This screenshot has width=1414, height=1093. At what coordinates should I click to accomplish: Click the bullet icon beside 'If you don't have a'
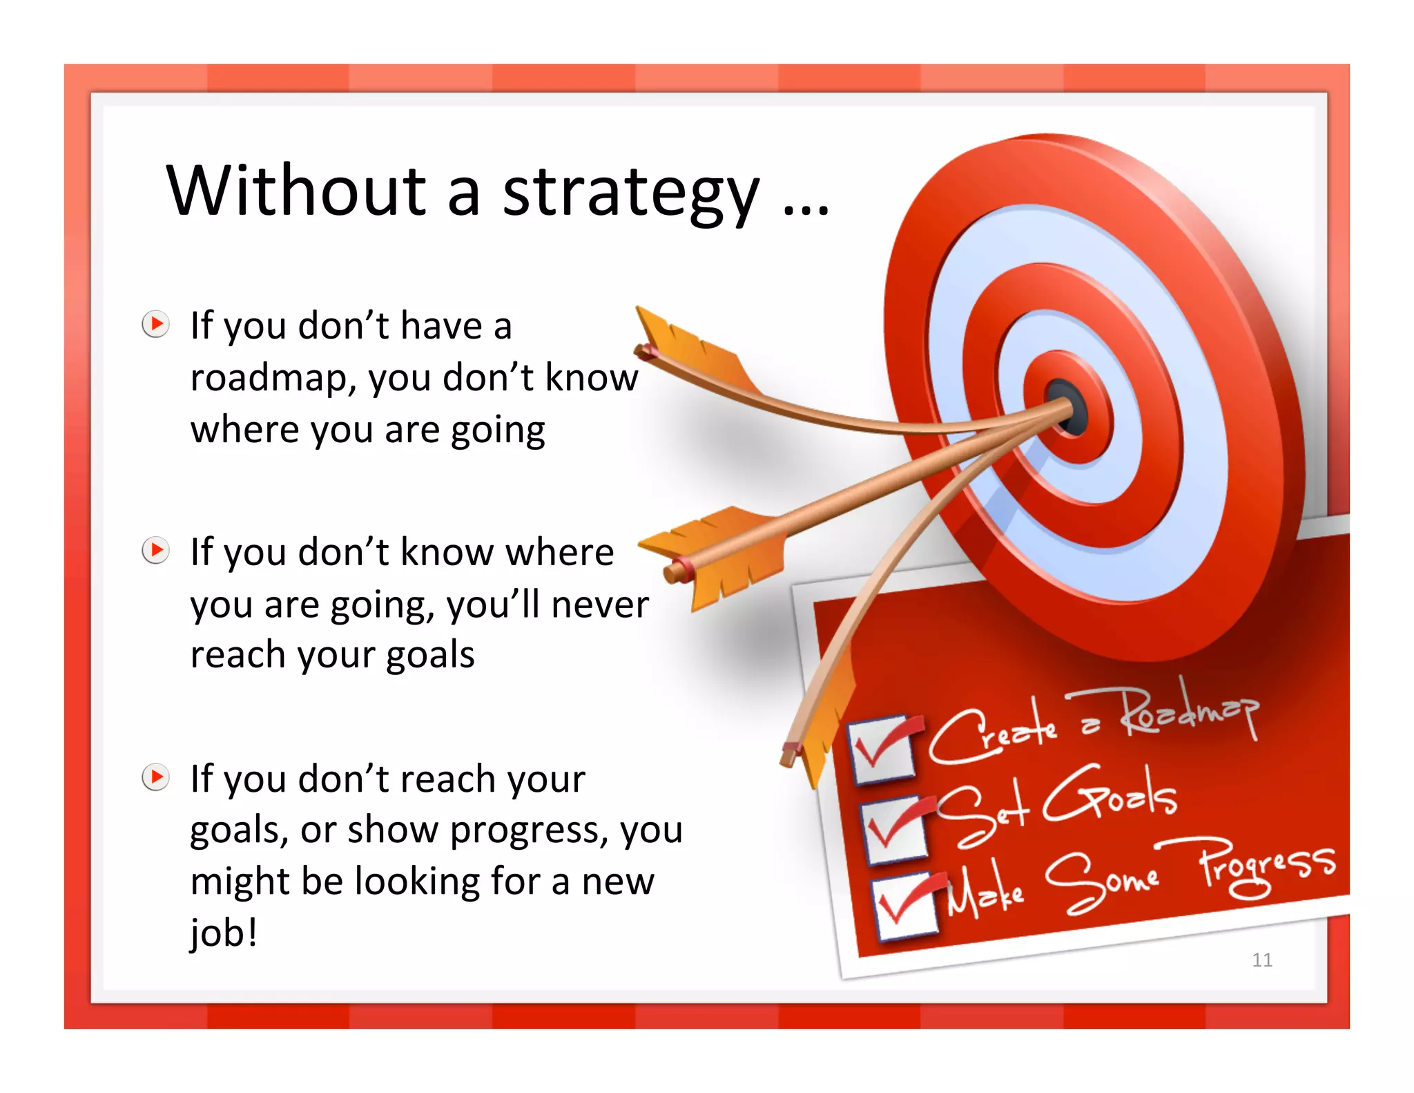(156, 324)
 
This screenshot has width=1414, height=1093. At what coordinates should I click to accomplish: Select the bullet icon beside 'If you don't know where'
(156, 551)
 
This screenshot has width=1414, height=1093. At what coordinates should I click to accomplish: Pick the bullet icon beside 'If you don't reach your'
(156, 777)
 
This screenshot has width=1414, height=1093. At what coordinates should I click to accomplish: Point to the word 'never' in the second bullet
(599, 605)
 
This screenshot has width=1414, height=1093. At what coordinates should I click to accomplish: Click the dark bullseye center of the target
(1070, 408)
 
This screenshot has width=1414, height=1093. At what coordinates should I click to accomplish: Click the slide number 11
(1262, 960)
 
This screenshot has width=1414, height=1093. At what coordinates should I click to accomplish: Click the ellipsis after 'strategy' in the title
(806, 211)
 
